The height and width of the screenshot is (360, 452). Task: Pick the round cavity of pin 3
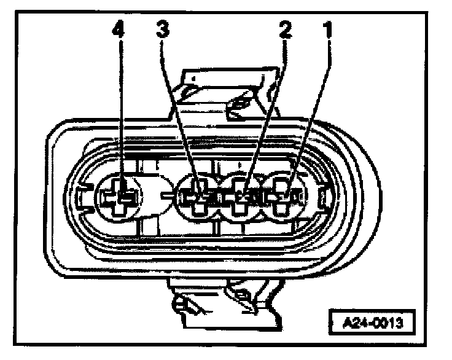tap(198, 197)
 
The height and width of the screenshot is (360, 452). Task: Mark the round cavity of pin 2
tap(243, 197)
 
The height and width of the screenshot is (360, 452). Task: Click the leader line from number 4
tap(120, 111)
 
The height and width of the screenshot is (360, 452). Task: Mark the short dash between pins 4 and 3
tap(165, 197)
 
